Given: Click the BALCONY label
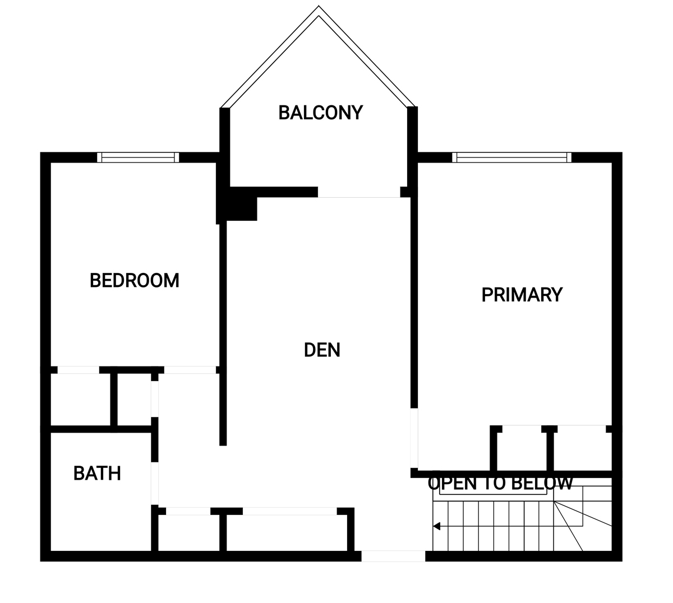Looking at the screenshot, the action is click(321, 113).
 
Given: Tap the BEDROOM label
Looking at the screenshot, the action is click(135, 280).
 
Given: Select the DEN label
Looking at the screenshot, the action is click(322, 350).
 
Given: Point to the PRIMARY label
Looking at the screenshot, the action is click(522, 295).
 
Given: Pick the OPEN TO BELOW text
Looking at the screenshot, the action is click(500, 484).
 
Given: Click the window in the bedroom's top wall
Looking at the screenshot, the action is click(138, 157).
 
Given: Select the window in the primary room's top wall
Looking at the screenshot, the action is click(512, 157).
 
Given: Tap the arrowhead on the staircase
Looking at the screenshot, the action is click(436, 526).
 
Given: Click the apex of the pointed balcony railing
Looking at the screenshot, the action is click(319, 6).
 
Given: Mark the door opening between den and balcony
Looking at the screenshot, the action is click(359, 192).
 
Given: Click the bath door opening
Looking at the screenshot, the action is click(155, 483).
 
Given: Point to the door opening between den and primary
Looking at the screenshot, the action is click(414, 438).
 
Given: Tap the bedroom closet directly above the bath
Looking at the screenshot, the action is click(80, 400).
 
